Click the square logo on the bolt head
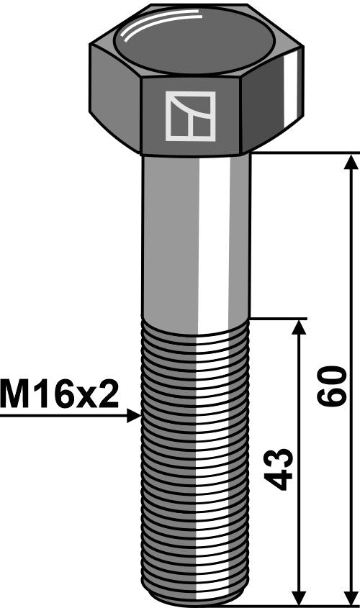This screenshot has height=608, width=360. pos(190,116)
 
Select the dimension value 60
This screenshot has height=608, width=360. pos(333,386)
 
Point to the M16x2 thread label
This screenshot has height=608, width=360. pos(59,395)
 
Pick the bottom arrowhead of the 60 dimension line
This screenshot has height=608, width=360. pos(351,599)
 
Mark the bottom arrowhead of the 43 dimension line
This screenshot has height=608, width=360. pos(298,599)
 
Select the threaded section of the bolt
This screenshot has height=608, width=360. pos(194,460)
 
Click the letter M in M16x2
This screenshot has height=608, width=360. pos(14,395)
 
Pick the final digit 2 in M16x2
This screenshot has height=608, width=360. pos(108,395)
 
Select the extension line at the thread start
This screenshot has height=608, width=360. pos(277,318)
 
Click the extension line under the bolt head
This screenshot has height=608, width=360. pos(302,153)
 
